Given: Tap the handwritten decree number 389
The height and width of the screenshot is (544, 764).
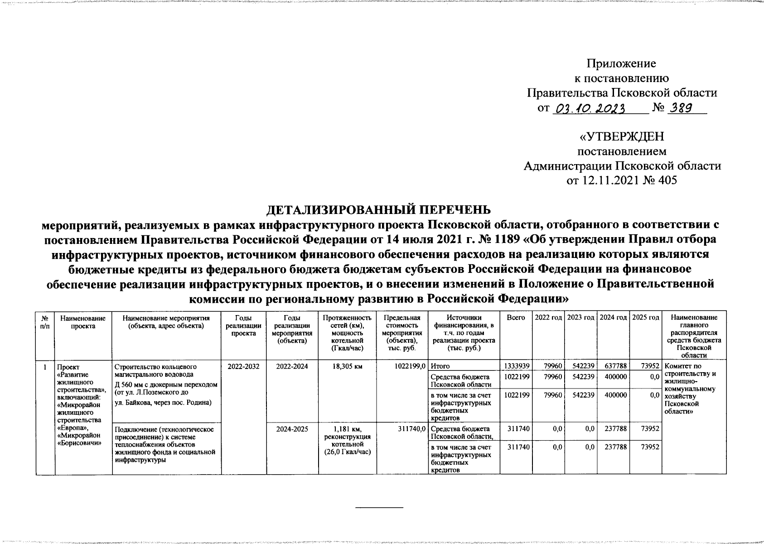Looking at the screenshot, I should (x=684, y=109).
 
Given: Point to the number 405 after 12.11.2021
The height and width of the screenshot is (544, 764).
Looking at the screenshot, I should (x=666, y=180).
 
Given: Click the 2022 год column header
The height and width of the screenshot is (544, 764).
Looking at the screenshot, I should (x=548, y=318).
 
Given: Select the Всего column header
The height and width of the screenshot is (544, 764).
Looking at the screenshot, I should (x=516, y=318).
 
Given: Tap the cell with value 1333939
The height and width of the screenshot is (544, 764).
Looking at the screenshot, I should (x=516, y=365).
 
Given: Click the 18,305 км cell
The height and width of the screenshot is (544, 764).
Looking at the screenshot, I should (x=348, y=366).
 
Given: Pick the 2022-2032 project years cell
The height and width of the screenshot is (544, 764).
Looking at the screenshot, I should (x=244, y=366).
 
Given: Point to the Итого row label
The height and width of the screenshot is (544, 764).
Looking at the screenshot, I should (x=440, y=366).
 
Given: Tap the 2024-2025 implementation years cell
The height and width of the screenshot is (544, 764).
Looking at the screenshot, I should (x=292, y=428).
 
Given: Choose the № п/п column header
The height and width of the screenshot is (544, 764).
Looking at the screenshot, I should (x=45, y=322).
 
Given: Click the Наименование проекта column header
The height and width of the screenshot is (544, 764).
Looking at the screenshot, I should (x=83, y=322).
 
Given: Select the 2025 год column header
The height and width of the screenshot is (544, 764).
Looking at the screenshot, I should (x=645, y=318).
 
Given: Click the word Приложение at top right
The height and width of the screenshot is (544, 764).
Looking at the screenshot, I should (x=621, y=63).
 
